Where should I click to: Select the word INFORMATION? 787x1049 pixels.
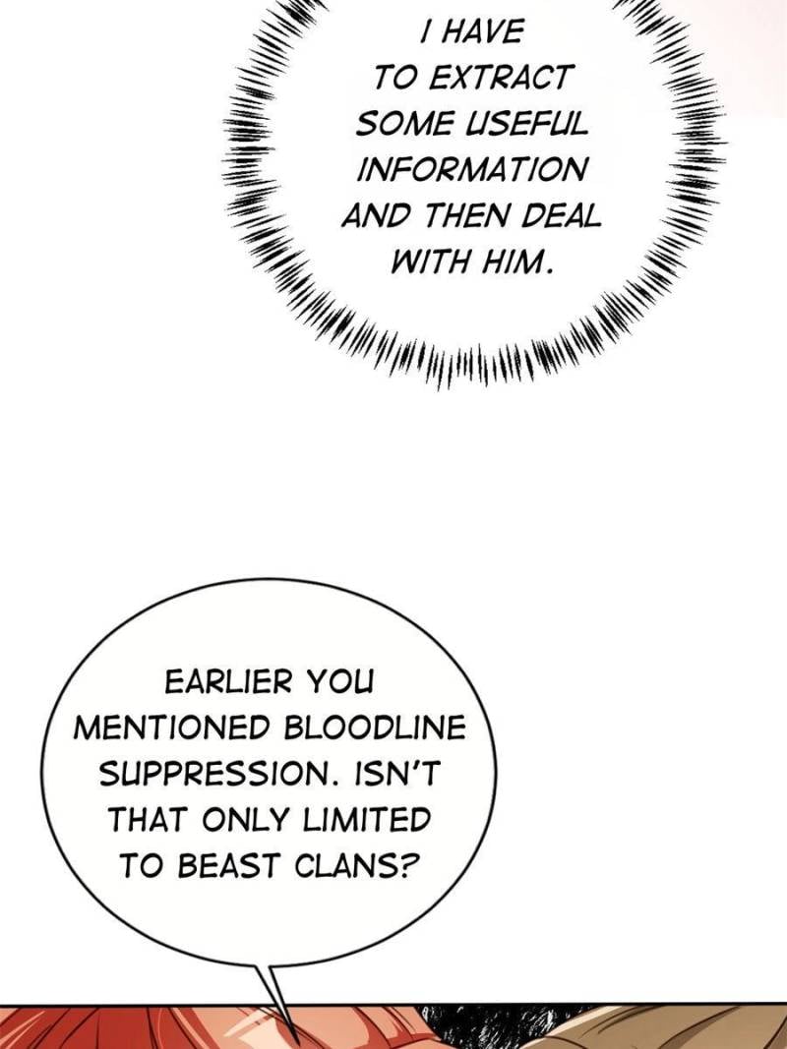click(x=471, y=169)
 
